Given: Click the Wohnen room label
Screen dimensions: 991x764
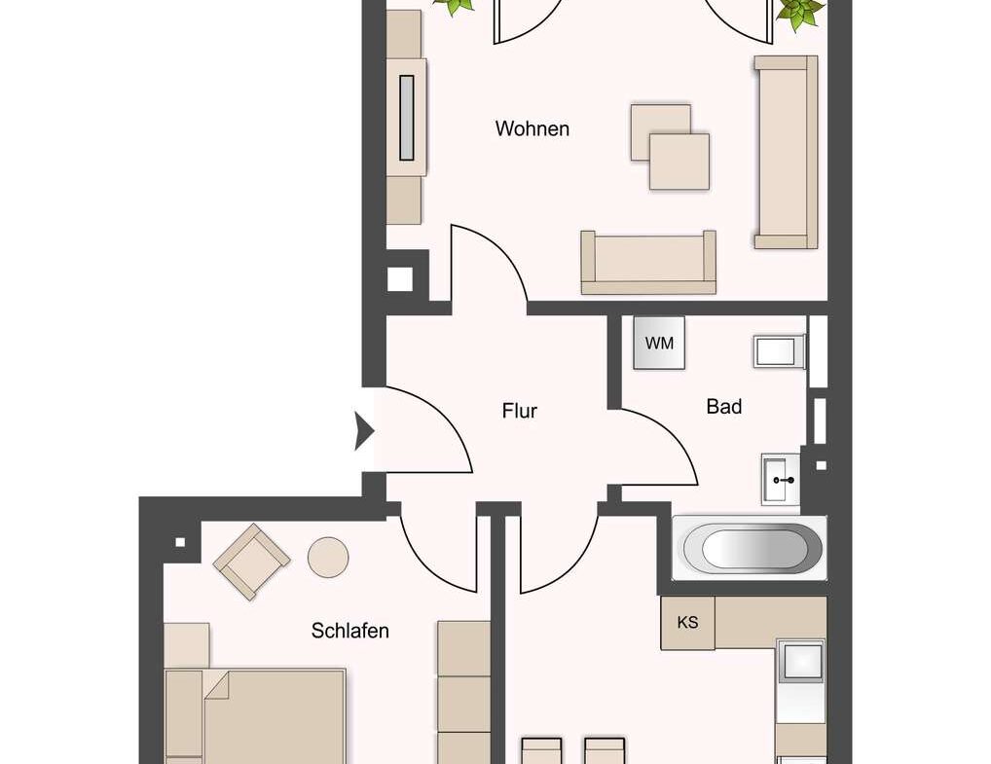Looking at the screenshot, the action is click(532, 128).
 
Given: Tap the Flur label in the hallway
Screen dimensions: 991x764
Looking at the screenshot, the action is click(520, 411).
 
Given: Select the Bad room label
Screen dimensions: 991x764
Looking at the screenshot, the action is click(723, 406).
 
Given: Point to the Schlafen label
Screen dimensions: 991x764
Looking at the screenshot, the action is click(350, 631).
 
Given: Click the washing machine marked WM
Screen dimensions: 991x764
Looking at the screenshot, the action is click(659, 344).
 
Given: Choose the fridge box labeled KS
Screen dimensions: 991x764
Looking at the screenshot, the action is click(687, 623).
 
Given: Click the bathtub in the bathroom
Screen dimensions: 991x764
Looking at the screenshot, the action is click(749, 548).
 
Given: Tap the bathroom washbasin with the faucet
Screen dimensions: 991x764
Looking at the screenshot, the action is click(781, 479).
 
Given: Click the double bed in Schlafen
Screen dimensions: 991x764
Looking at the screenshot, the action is click(255, 716).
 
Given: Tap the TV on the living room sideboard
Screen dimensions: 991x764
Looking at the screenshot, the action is click(406, 118).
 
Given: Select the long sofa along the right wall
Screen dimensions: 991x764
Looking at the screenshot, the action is click(787, 152).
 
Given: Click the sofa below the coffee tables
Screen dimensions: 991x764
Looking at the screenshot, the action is click(648, 263).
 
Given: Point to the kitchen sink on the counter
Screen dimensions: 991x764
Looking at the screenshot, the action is click(801, 662).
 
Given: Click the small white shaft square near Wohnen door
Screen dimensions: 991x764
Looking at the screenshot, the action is click(399, 278).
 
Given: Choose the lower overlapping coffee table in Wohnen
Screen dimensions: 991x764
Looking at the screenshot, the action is click(679, 162).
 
